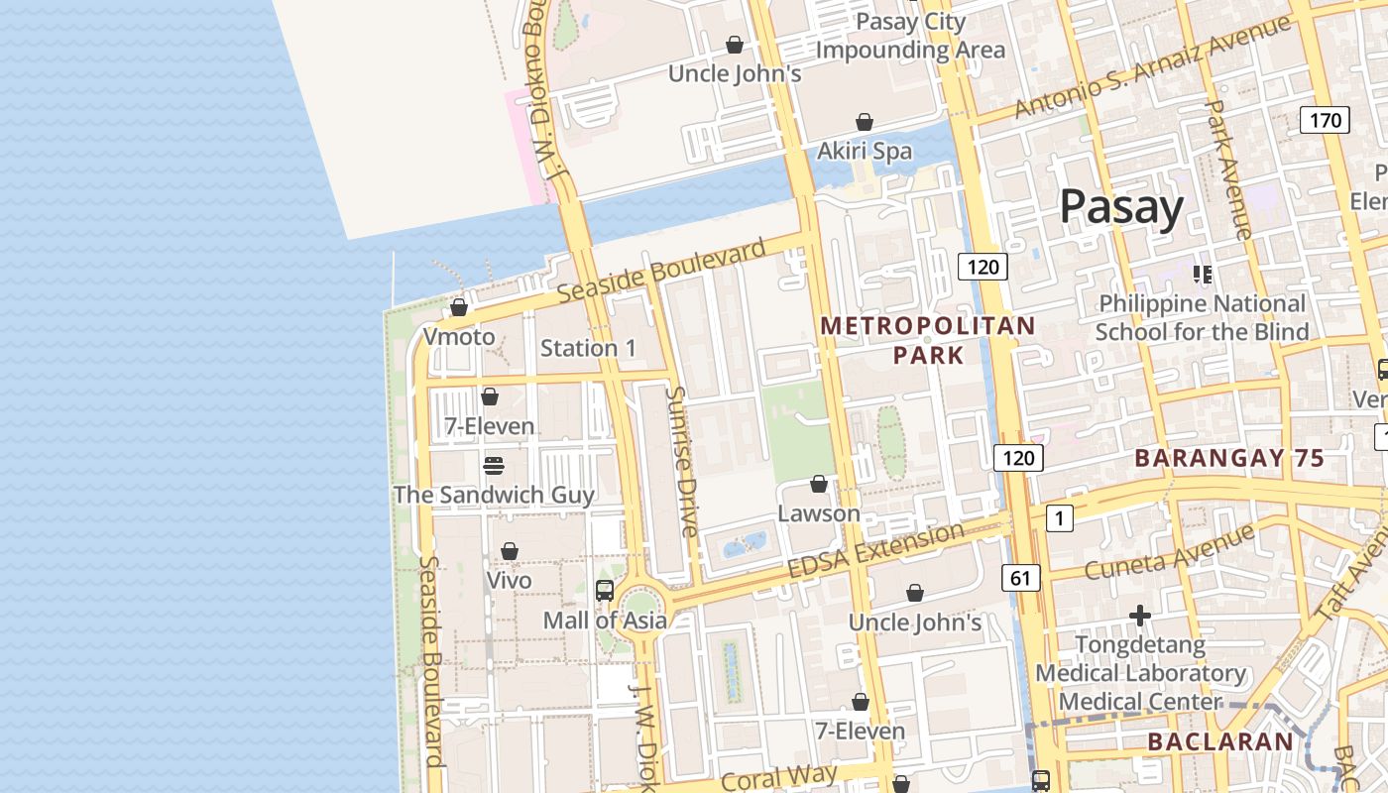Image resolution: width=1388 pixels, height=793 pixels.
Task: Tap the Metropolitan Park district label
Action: click(x=928, y=340)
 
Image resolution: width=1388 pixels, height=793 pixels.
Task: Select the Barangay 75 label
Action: click(x=1229, y=458)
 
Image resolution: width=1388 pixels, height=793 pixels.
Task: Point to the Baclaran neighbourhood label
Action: click(x=1220, y=741)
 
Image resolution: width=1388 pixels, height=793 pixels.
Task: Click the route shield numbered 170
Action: click(x=1325, y=121)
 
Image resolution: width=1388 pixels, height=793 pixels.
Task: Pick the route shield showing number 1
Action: click(x=1059, y=517)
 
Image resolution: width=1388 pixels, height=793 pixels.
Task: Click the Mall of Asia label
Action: click(x=605, y=621)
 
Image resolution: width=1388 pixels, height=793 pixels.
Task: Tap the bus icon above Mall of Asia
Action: click(x=605, y=591)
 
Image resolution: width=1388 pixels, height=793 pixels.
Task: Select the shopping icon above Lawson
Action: click(x=819, y=484)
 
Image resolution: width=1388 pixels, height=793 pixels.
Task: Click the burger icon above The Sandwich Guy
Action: click(x=494, y=465)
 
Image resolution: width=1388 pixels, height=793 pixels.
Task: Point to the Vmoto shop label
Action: click(x=459, y=337)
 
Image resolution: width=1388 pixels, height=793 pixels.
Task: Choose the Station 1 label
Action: click(x=588, y=348)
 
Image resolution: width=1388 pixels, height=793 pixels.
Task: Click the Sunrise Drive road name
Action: click(x=683, y=461)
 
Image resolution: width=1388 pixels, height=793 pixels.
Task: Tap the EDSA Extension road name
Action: click(x=875, y=551)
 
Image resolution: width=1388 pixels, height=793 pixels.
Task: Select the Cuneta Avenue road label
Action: click(x=1170, y=551)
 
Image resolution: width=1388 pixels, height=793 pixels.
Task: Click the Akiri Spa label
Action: click(x=865, y=151)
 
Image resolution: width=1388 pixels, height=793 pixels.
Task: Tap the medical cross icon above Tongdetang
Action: click(x=1140, y=616)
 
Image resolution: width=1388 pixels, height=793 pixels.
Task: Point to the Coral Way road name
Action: click(x=779, y=776)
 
